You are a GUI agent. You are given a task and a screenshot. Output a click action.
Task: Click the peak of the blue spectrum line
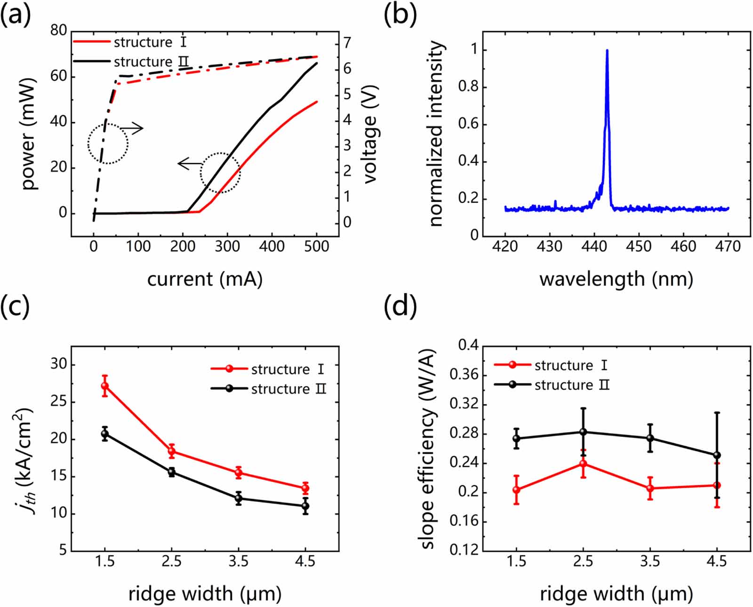(607, 50)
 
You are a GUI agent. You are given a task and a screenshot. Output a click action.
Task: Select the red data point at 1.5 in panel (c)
(105, 386)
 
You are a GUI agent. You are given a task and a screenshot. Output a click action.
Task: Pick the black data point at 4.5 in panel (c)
(305, 506)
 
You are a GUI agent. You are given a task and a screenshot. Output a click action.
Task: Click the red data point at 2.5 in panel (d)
(583, 464)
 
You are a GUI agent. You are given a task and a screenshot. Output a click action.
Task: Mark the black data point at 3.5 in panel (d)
(650, 438)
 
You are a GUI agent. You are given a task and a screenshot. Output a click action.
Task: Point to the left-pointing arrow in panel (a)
(189, 163)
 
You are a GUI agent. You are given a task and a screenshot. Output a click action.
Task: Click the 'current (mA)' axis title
(205, 279)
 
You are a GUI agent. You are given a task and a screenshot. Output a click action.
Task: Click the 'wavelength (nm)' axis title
(616, 279)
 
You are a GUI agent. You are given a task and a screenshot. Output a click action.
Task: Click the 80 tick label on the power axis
(59, 31)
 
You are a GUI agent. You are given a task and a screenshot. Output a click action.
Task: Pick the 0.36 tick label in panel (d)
(464, 375)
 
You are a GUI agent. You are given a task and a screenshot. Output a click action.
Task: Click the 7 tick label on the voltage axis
(347, 43)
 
